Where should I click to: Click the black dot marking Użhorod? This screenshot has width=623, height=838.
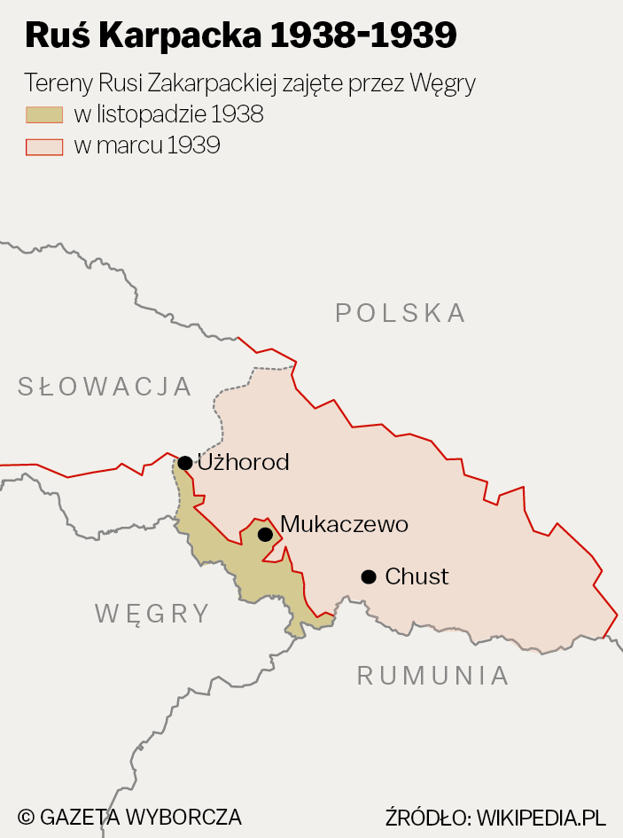(185, 463)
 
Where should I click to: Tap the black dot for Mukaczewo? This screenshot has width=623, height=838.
(265, 534)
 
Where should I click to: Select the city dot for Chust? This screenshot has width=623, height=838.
(369, 577)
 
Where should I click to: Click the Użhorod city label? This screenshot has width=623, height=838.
(243, 463)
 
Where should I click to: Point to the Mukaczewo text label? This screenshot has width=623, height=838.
(344, 525)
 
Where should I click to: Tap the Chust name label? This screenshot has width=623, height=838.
(417, 577)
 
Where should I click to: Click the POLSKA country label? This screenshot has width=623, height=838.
(401, 313)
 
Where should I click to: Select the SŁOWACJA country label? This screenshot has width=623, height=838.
(105, 387)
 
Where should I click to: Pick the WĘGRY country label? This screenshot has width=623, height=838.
(152, 614)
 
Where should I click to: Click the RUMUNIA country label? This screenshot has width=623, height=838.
(433, 676)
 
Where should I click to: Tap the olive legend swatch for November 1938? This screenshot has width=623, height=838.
(44, 114)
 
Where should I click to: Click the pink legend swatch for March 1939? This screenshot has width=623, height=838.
(44, 146)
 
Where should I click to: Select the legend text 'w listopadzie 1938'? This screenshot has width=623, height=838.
(168, 114)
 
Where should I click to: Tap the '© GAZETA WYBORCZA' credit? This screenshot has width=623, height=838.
(129, 817)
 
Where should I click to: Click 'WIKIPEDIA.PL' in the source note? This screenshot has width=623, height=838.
(541, 817)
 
